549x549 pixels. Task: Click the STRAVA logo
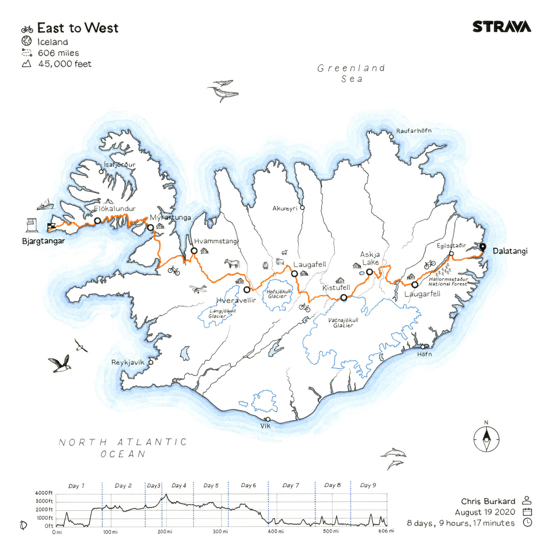coord(502,27)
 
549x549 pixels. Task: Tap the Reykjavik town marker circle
coord(151,362)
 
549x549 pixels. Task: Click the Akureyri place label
coord(285,209)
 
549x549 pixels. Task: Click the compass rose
coord(486,440)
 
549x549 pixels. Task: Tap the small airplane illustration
coord(198,289)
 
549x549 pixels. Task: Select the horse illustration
coord(232,263)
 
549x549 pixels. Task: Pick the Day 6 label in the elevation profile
coord(248,485)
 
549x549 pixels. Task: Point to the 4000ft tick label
coord(44,493)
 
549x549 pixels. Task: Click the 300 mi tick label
coord(220,532)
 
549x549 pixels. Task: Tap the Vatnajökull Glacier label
coord(343,323)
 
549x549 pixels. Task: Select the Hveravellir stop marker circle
coord(247,289)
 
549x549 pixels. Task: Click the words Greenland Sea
coord(351,73)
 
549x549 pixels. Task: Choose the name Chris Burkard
coord(488,501)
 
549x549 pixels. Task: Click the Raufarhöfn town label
coord(414,131)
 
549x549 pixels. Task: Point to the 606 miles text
coord(58,53)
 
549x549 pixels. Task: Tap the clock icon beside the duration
coord(527,522)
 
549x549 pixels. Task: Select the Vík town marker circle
coord(268,419)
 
